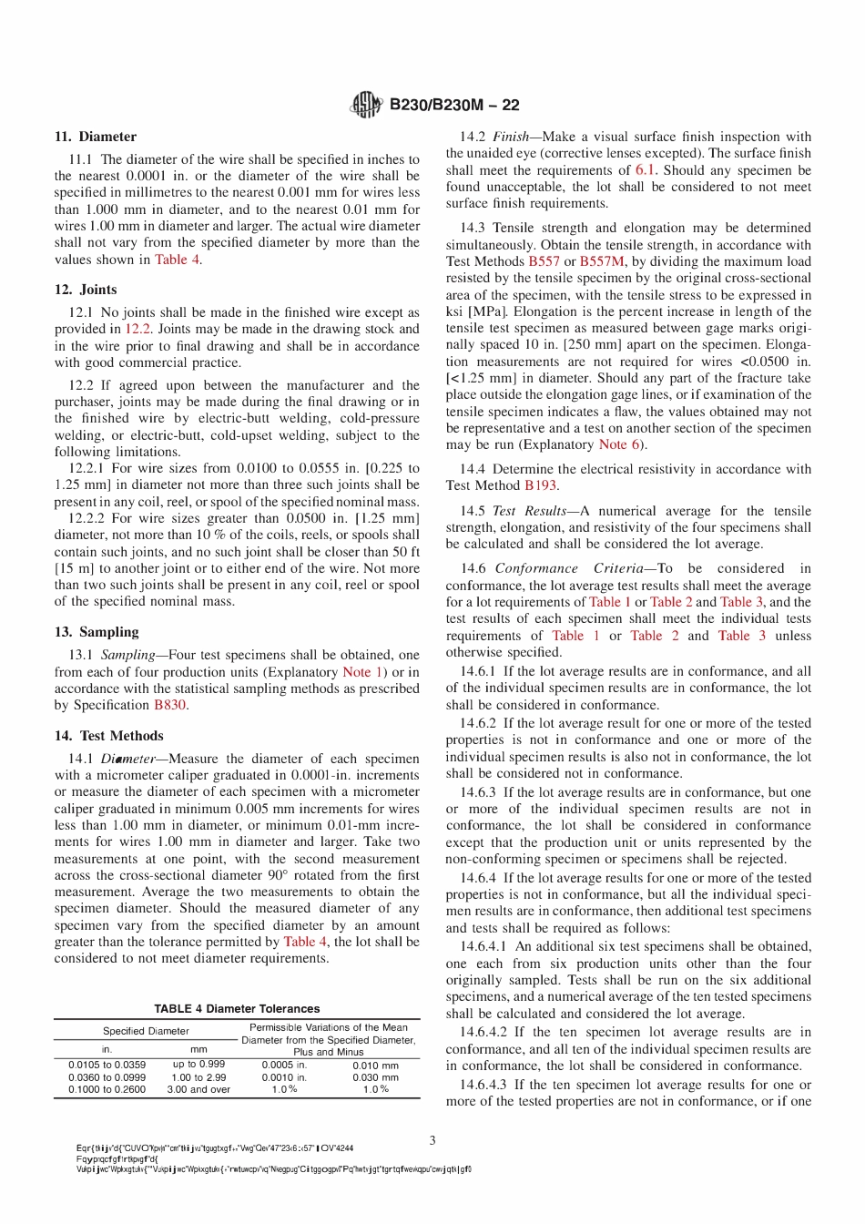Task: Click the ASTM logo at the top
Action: [x=367, y=106]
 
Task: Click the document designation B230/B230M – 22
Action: [x=454, y=106]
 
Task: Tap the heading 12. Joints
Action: [x=86, y=290]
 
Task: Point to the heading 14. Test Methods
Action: [x=108, y=736]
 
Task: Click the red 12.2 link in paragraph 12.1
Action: [x=137, y=329]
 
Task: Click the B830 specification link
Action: [x=169, y=705]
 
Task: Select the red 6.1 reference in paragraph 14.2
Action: [x=645, y=170]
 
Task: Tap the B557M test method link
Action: [x=602, y=261]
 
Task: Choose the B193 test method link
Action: [x=540, y=485]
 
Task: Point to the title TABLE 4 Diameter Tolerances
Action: [x=237, y=1009]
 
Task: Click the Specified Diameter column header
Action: [x=146, y=1031]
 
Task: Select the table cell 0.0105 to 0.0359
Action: [x=107, y=1065]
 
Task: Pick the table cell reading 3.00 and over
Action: [x=198, y=1089]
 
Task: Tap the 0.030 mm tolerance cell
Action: [x=375, y=1077]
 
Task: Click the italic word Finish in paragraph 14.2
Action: [x=511, y=137]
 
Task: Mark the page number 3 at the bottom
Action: [x=432, y=1140]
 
